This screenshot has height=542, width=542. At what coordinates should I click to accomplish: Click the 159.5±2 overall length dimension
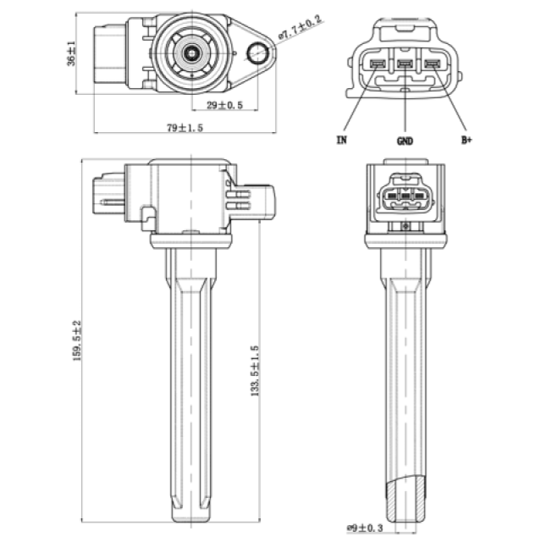[77, 340]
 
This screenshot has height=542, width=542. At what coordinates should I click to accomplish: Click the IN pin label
[341, 141]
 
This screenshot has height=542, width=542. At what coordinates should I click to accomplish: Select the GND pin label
[404, 142]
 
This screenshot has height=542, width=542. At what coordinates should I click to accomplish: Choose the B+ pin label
[466, 141]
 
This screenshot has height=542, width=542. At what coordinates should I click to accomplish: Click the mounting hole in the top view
[258, 53]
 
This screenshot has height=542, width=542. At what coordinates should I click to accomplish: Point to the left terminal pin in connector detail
[377, 65]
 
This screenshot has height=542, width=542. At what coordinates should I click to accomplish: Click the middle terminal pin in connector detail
[404, 65]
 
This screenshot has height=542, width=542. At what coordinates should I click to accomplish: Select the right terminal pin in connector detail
[432, 65]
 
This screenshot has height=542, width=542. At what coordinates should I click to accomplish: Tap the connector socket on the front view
[404, 197]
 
